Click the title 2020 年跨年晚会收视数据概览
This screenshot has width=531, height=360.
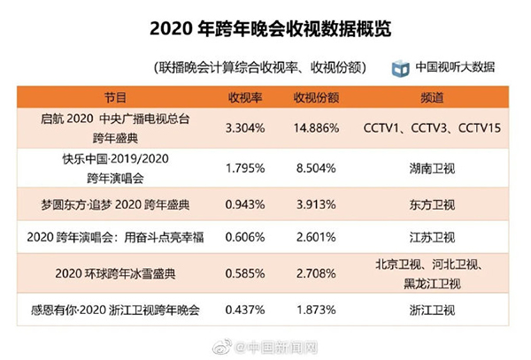click(x=265, y=29)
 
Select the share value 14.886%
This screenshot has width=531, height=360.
click(x=317, y=128)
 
